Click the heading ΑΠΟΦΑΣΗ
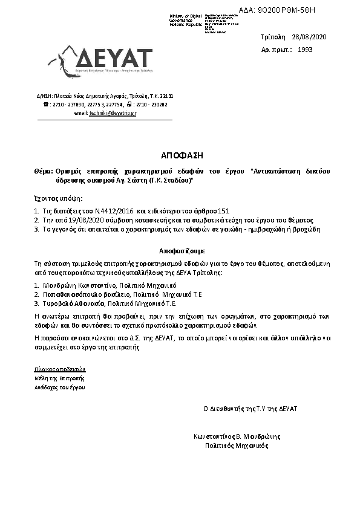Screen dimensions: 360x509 (179, 154)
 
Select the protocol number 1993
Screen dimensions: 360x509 (306, 50)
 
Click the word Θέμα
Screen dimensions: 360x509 (42, 172)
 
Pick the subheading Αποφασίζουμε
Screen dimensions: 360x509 (180, 249)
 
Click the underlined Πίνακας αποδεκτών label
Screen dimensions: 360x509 (61, 368)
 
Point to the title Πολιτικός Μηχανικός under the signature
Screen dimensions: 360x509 (237, 446)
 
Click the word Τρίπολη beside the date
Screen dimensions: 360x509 (272, 37)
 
